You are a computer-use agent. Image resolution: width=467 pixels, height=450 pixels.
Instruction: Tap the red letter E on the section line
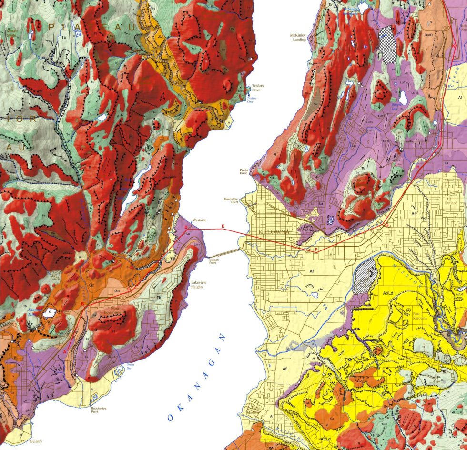[x=222, y=225]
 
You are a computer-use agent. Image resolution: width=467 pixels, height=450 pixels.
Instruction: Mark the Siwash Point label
[x=215, y=261]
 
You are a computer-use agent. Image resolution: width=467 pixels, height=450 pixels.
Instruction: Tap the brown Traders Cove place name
[x=258, y=88]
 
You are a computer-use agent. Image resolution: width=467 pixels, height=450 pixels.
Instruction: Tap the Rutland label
[x=450, y=203]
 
